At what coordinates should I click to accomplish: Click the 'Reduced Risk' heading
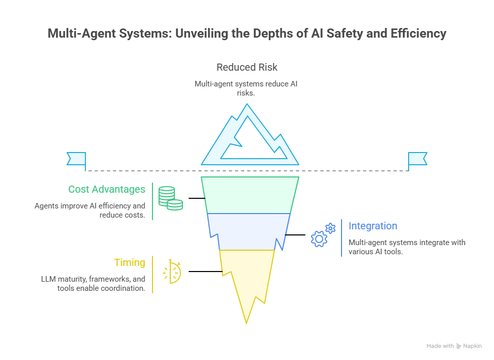[x=247, y=67]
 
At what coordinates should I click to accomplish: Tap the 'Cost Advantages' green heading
[x=107, y=190]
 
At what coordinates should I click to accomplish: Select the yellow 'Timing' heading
[x=129, y=263]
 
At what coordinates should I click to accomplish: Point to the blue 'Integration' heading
[x=373, y=226]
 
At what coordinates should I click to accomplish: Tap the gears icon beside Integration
[x=323, y=234]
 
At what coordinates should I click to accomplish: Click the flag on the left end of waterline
[x=77, y=159]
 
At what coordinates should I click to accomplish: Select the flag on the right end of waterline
[x=417, y=159]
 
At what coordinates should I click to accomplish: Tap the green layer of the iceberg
[x=250, y=195]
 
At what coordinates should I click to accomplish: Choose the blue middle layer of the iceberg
[x=249, y=231]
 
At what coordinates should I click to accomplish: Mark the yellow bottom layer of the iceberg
[x=246, y=277]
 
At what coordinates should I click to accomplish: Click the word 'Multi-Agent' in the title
[x=82, y=34]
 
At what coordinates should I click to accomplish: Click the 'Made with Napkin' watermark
[x=454, y=346]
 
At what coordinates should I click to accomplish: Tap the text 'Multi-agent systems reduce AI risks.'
[x=246, y=88]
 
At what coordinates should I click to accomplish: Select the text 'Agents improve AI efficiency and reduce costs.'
[x=90, y=210]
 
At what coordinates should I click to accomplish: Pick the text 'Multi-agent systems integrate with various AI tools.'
[x=407, y=247]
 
